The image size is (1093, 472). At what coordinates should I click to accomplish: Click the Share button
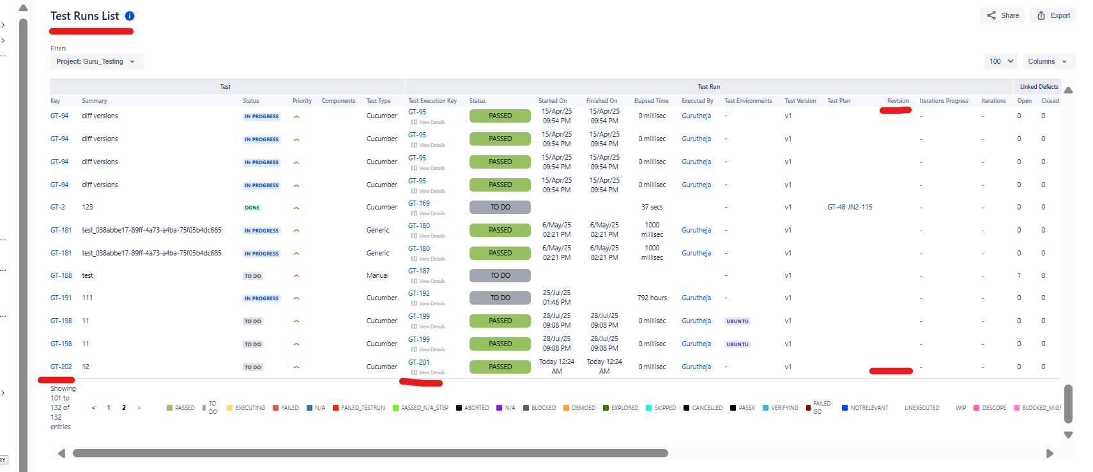click(1002, 15)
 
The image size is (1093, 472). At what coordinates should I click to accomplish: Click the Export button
click(1053, 15)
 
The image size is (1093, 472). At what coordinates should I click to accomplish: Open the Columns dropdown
click(1048, 61)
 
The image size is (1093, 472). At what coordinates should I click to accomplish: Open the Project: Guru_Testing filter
click(96, 61)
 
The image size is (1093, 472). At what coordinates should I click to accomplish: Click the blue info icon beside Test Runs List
click(130, 16)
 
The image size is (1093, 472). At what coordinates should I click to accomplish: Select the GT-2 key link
click(57, 207)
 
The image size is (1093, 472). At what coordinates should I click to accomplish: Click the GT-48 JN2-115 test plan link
click(849, 207)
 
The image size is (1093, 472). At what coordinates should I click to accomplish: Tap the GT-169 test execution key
click(419, 203)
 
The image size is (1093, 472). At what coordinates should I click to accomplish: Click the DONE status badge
click(252, 208)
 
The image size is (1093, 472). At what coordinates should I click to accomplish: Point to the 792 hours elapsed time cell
click(652, 298)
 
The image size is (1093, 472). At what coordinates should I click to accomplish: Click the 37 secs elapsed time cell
click(652, 207)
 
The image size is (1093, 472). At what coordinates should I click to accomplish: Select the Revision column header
click(898, 101)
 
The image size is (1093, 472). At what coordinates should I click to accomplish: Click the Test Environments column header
click(748, 101)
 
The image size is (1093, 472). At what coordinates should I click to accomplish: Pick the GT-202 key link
click(61, 367)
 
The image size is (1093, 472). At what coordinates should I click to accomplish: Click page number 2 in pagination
click(124, 407)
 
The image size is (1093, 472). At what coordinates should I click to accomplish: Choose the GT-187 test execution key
click(419, 271)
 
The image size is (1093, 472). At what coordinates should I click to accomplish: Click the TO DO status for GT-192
click(500, 298)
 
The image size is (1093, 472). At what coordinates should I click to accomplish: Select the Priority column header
click(302, 101)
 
